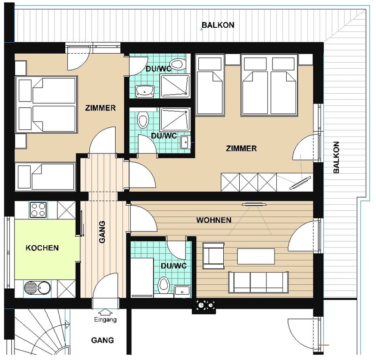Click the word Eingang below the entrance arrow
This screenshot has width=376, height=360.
click(105, 320)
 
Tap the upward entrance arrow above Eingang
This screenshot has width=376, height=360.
click(105, 312)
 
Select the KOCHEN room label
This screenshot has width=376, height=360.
click(42, 248)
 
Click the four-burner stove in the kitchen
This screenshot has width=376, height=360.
click(38, 210)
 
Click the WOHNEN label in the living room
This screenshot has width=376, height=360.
click(214, 220)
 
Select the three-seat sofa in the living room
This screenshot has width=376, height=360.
click(258, 282)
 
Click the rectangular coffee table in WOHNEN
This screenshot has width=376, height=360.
click(256, 256)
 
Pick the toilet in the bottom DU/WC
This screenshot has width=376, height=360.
click(164, 285)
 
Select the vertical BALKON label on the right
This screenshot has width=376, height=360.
click(336, 157)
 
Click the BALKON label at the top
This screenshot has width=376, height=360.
click(218, 25)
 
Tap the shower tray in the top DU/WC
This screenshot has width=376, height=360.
click(175, 86)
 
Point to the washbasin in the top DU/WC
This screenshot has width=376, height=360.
click(145, 91)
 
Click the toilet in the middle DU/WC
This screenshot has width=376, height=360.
click(143, 120)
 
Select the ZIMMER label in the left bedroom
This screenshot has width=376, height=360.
click(101, 108)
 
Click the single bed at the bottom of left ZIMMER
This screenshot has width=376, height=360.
click(45, 177)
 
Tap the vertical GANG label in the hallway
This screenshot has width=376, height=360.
click(102, 232)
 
